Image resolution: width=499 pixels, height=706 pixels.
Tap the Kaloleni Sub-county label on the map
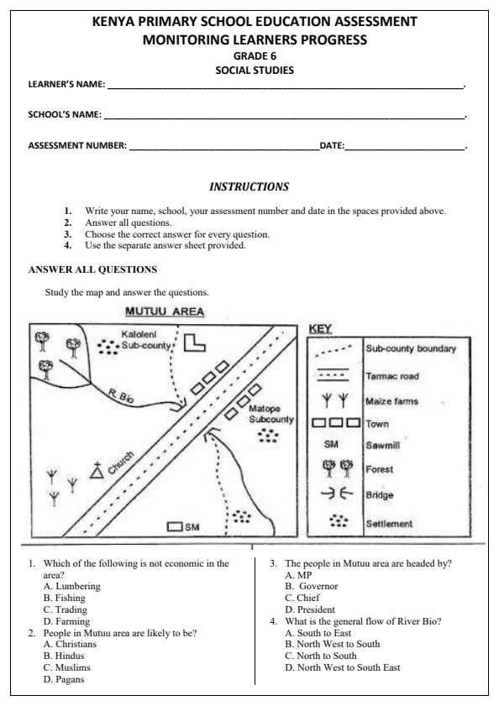[x=148, y=339]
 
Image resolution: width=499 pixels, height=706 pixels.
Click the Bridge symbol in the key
[x=334, y=495]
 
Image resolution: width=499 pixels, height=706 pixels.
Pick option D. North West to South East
[x=342, y=667]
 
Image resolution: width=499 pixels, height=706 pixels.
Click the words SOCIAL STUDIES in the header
[x=249, y=71]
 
